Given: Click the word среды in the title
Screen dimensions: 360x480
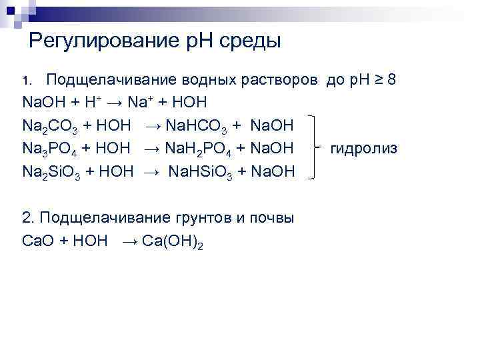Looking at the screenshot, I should coord(248,42).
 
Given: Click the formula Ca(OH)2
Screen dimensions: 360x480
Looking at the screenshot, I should coord(171,241).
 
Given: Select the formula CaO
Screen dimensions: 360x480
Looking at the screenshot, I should coord(37,240).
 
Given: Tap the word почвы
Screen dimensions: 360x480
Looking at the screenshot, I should coord(272,218).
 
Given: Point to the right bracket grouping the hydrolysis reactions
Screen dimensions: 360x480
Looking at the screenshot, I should coord(316,147).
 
